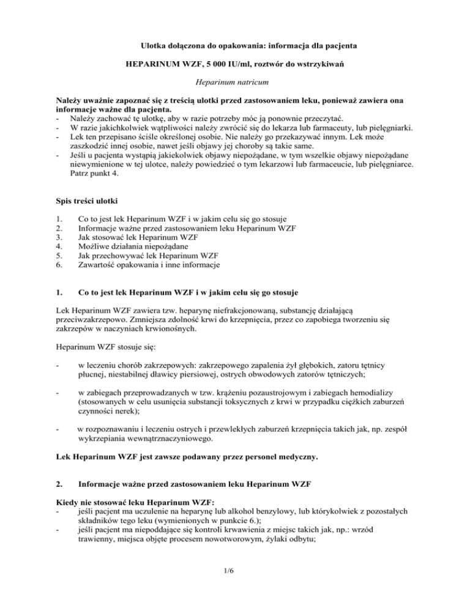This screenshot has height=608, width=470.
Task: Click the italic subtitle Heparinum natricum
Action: (235, 80)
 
